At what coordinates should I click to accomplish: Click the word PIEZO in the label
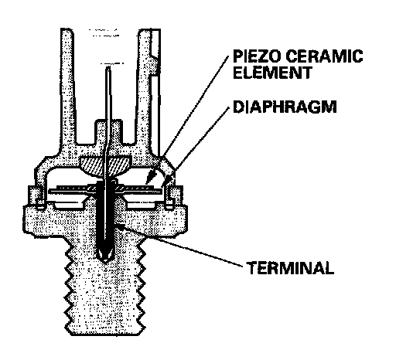257,56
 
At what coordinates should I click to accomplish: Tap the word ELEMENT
272,73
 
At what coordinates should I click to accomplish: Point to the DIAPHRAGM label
285,107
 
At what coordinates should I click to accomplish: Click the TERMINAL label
290,268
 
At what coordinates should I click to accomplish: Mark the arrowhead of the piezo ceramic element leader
150,177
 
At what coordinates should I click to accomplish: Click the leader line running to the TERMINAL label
179,245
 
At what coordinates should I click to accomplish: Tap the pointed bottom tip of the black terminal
105,262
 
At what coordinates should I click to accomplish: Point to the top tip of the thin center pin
108,67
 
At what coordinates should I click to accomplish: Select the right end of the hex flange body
186,219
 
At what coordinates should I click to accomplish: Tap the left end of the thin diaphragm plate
49,191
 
